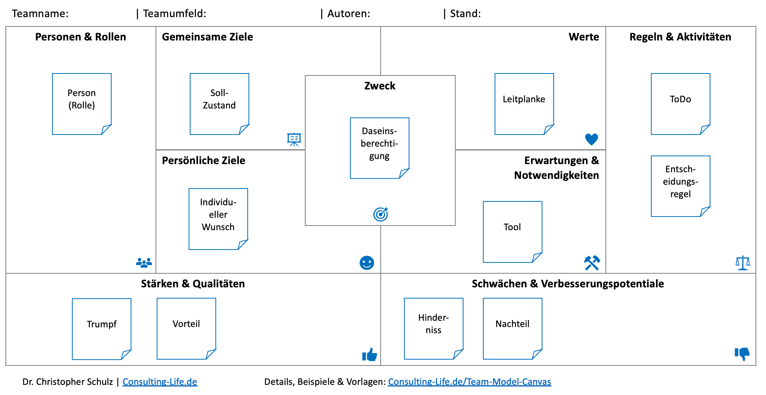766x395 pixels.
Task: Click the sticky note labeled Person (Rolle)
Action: (x=82, y=104)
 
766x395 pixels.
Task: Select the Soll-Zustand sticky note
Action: (x=219, y=104)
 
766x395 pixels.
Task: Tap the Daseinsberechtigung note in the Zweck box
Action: (x=380, y=148)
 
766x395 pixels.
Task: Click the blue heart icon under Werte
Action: (x=591, y=139)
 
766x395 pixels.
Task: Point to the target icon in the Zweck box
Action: (x=381, y=214)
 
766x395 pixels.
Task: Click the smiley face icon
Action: (x=367, y=263)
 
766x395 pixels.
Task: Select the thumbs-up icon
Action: (x=369, y=355)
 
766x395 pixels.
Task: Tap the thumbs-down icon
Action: (x=742, y=354)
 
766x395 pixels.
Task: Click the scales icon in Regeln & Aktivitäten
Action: (x=743, y=263)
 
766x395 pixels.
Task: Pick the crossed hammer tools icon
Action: (x=592, y=263)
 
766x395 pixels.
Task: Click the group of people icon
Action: (x=144, y=263)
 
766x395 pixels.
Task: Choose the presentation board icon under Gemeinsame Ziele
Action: (x=294, y=139)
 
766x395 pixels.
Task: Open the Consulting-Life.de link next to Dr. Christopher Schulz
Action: (x=160, y=382)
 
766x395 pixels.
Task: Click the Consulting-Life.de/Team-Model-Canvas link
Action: (x=469, y=382)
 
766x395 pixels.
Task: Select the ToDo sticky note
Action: (x=680, y=104)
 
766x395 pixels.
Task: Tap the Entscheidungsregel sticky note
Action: (x=680, y=186)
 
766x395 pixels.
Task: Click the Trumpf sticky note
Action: (x=101, y=329)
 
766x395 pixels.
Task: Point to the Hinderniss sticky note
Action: (x=434, y=329)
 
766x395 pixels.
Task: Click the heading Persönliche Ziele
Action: (x=203, y=161)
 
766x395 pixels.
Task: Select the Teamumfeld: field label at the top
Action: (x=175, y=14)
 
